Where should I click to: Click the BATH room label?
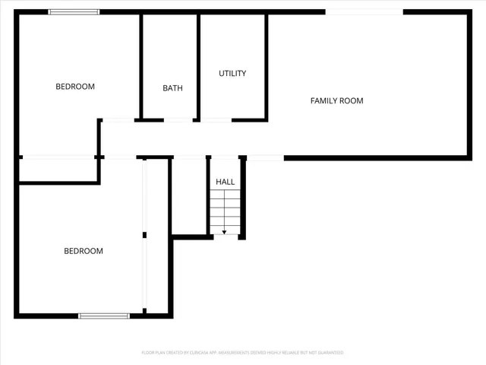pos(172,88)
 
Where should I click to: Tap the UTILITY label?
pos(232,74)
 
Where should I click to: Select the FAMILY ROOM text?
pos(336,100)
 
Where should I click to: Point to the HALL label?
pos(226,182)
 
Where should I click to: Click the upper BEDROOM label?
pos(75,87)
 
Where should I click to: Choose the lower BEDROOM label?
pos(83,251)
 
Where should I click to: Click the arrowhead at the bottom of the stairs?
pos(224,231)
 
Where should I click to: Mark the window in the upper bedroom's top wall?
pos(74,12)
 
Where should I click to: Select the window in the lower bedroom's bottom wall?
pos(104,316)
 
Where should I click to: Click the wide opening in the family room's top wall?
pos(364,12)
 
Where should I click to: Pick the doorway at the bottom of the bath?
pos(178,120)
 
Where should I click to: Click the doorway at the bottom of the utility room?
pos(216,120)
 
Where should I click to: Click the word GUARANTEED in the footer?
pos(327,353)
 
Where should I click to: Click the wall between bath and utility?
pos(199,66)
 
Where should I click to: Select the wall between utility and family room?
pos(266,66)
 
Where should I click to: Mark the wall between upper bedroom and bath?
pos(141,66)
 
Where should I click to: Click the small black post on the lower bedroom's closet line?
pos(144,235)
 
